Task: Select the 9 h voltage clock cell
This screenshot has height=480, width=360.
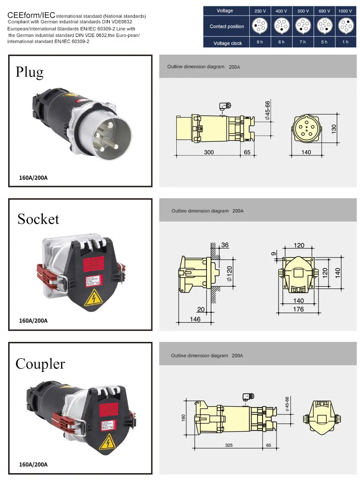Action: click(259, 42)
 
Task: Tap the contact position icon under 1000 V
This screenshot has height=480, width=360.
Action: click(345, 26)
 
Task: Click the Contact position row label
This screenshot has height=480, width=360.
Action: click(226, 26)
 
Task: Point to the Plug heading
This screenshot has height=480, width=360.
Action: click(30, 72)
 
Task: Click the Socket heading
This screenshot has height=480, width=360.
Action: click(38, 219)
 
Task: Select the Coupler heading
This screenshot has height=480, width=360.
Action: click(40, 364)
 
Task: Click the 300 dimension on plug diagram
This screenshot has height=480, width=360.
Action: click(209, 152)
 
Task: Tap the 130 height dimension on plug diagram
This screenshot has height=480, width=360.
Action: click(334, 129)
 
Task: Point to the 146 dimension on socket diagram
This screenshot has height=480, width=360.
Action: click(195, 320)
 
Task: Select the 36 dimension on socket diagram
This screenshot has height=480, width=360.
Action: click(225, 245)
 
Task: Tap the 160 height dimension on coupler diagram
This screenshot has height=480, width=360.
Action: click(183, 418)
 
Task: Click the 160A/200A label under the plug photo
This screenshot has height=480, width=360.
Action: click(33, 178)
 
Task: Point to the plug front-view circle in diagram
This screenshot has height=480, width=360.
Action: click(306, 129)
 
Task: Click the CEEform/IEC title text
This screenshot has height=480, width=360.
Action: click(31, 15)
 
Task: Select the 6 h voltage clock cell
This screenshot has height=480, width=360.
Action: click(281, 42)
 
